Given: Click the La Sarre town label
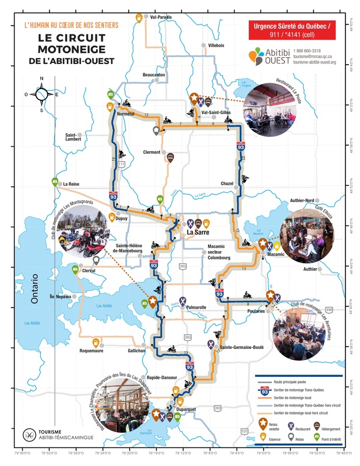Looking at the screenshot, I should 197,234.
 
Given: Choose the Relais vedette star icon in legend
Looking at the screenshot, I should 263,422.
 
